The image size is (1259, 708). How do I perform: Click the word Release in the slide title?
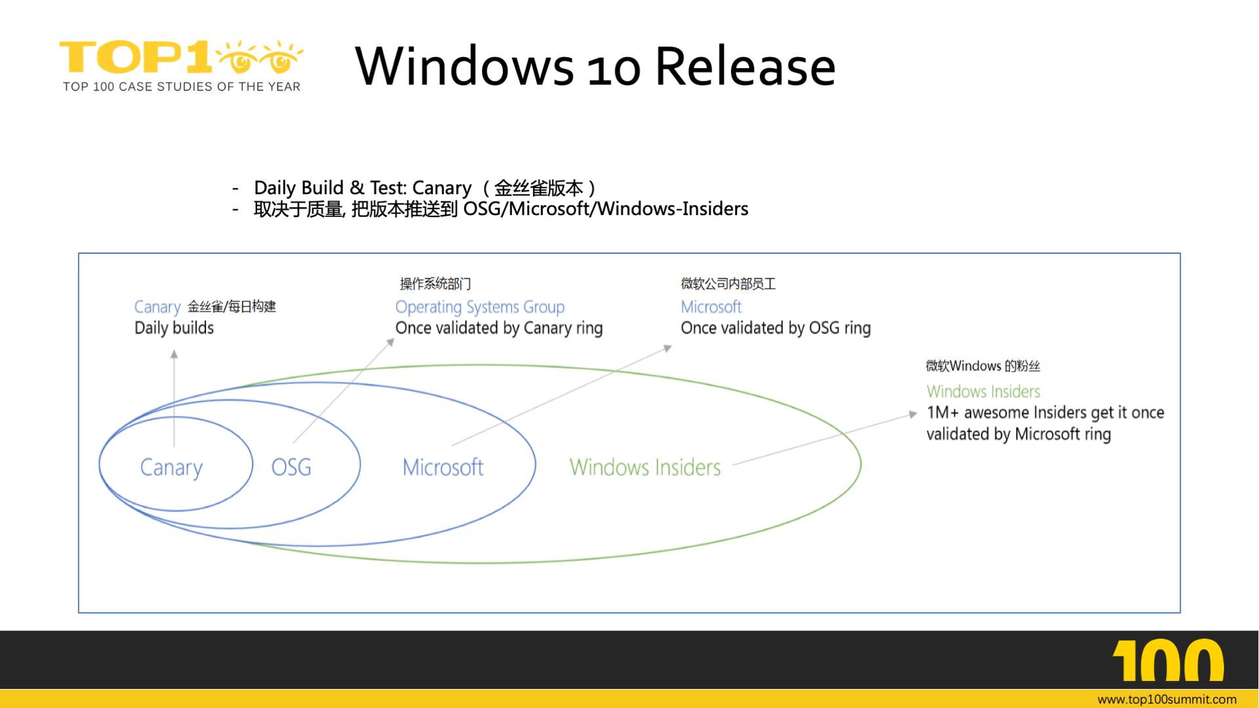pos(745,66)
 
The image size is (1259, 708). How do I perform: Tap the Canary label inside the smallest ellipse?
pos(171,467)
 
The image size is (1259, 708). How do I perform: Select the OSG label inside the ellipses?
pos(291,467)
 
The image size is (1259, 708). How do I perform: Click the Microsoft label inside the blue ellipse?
pos(443,467)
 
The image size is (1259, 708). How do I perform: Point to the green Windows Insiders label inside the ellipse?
pos(645,467)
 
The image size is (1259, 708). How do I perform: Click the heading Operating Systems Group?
pos(479,307)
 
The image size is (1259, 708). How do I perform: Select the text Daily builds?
pos(174,328)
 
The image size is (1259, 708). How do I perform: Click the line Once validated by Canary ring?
pos(498,328)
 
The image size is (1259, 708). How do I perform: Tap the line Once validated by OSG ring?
pos(775,328)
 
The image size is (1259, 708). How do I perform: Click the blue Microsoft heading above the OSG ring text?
pos(711,307)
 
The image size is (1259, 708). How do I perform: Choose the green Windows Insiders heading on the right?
pos(983,391)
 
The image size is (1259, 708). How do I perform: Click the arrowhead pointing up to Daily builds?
pos(174,354)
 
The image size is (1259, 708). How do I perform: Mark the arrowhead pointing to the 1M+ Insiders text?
pos(913,414)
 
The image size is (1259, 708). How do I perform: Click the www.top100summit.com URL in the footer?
pos(1167,699)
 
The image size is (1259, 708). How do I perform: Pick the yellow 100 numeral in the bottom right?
pos(1168,661)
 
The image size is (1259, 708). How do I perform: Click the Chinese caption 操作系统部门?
pos(435,284)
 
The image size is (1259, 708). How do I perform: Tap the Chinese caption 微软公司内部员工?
pos(728,284)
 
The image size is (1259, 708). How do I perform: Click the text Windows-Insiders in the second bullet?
pos(672,209)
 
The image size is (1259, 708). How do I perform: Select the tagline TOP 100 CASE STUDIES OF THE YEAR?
pos(182,87)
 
